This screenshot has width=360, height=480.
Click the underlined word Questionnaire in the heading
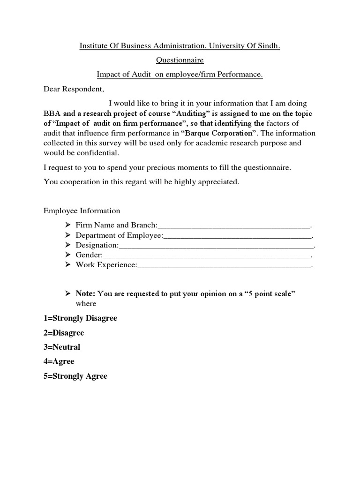click(180, 60)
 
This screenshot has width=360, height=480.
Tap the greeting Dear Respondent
click(74, 89)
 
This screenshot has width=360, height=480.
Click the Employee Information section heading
click(82, 211)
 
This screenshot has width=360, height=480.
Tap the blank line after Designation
click(216, 245)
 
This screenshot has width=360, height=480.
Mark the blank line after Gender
click(206, 255)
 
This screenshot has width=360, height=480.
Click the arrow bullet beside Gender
click(67, 255)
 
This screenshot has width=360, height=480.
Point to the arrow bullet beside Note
click(67, 293)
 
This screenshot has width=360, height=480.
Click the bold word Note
click(85, 294)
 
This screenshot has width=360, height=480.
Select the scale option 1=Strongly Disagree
click(80, 318)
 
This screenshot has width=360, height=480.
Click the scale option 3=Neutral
click(62, 347)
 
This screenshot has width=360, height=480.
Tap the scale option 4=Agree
click(59, 362)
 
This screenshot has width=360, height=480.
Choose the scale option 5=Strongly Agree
click(75, 376)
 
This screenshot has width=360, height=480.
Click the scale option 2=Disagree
click(64, 333)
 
